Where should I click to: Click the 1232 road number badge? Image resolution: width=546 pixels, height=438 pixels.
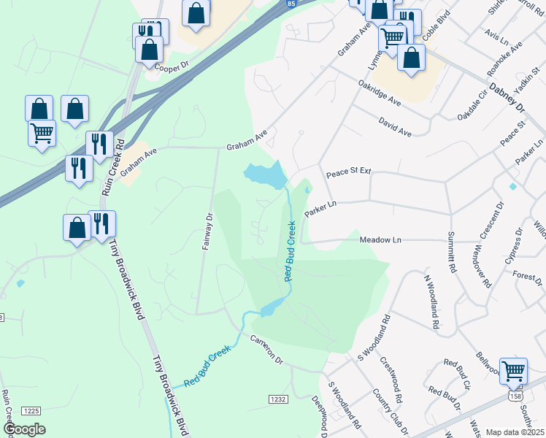click(277, 399)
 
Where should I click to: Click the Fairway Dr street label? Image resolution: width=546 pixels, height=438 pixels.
click(207, 231)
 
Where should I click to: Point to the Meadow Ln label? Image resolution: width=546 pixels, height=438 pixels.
click(380, 239)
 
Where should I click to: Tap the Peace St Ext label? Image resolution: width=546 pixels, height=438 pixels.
click(348, 172)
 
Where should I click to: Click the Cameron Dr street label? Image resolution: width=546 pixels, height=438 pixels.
click(266, 350)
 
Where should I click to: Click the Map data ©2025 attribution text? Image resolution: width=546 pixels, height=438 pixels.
click(515, 432)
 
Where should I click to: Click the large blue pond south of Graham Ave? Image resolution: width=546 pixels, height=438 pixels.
click(266, 175)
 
